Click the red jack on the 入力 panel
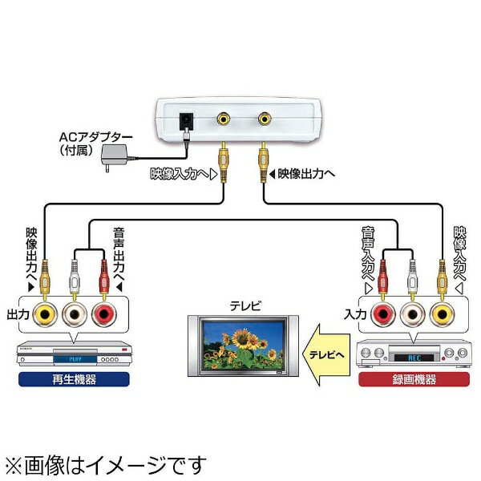pos(382,314)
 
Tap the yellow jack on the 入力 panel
pos(441,314)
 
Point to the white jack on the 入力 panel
pos(412,314)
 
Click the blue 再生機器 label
pos(73,378)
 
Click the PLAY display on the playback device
pos(76,351)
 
